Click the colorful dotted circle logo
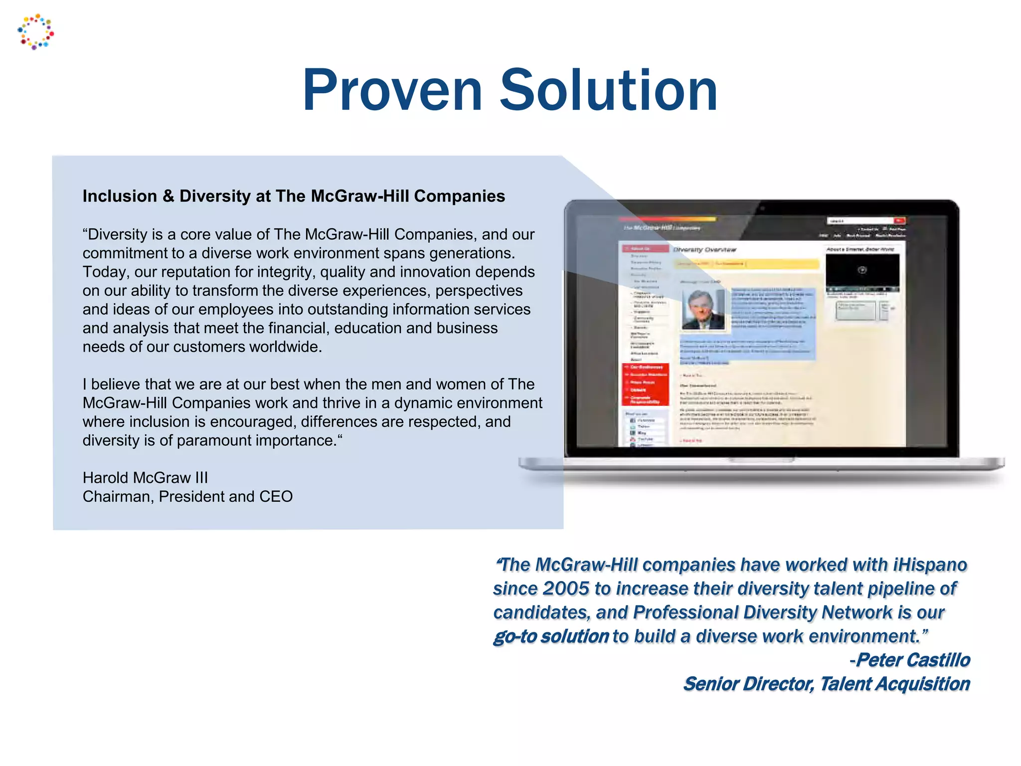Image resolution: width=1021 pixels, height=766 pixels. (x=35, y=32)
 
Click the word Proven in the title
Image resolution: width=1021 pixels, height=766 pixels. (x=392, y=91)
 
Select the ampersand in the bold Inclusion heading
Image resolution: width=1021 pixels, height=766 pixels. (x=169, y=196)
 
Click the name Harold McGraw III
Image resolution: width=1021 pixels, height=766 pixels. (x=145, y=478)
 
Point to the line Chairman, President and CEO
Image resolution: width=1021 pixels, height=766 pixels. (x=187, y=497)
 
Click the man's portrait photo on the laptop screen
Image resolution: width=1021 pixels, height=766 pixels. (x=703, y=310)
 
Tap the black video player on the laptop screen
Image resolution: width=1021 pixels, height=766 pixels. (x=862, y=271)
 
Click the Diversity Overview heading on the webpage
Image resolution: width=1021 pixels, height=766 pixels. (x=705, y=249)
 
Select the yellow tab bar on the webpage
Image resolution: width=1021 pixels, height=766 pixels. (x=746, y=263)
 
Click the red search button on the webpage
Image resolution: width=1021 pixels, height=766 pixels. (x=899, y=220)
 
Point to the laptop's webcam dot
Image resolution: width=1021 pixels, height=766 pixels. (x=762, y=208)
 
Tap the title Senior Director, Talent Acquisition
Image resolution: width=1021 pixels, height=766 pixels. (x=826, y=684)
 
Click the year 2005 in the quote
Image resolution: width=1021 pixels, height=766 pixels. (x=566, y=588)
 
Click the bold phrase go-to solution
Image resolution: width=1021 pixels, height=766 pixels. (x=551, y=636)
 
